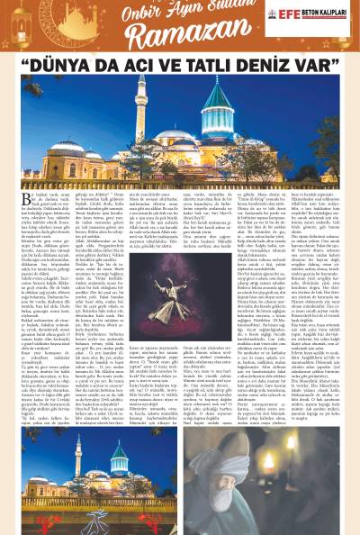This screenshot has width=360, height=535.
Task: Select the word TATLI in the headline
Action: click(195, 64)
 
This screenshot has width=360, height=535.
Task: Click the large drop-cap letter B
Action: click(28, 201)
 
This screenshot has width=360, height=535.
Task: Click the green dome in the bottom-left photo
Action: click(120, 449)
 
